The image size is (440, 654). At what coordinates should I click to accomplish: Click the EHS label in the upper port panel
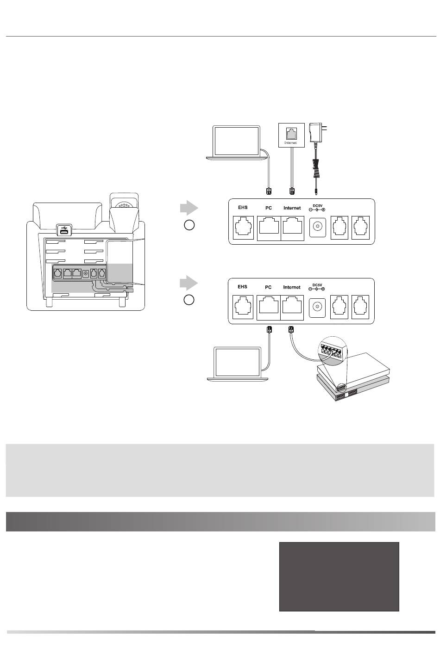click(x=243, y=208)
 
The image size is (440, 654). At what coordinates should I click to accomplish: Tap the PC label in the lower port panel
click(x=268, y=287)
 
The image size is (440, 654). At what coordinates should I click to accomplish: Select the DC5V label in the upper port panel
click(x=317, y=205)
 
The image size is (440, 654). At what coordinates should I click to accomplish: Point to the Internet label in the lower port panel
click(x=292, y=287)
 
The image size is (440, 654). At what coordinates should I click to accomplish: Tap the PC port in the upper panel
click(x=268, y=228)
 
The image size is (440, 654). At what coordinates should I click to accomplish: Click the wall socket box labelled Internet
click(x=291, y=135)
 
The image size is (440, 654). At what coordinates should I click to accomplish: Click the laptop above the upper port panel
click(x=237, y=142)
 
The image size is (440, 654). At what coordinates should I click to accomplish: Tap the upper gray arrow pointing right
click(x=189, y=208)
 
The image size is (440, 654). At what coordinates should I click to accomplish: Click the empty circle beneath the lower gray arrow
click(x=189, y=300)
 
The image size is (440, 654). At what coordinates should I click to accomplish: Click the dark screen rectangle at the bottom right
click(x=339, y=576)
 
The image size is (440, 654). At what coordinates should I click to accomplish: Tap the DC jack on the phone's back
click(x=85, y=273)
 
